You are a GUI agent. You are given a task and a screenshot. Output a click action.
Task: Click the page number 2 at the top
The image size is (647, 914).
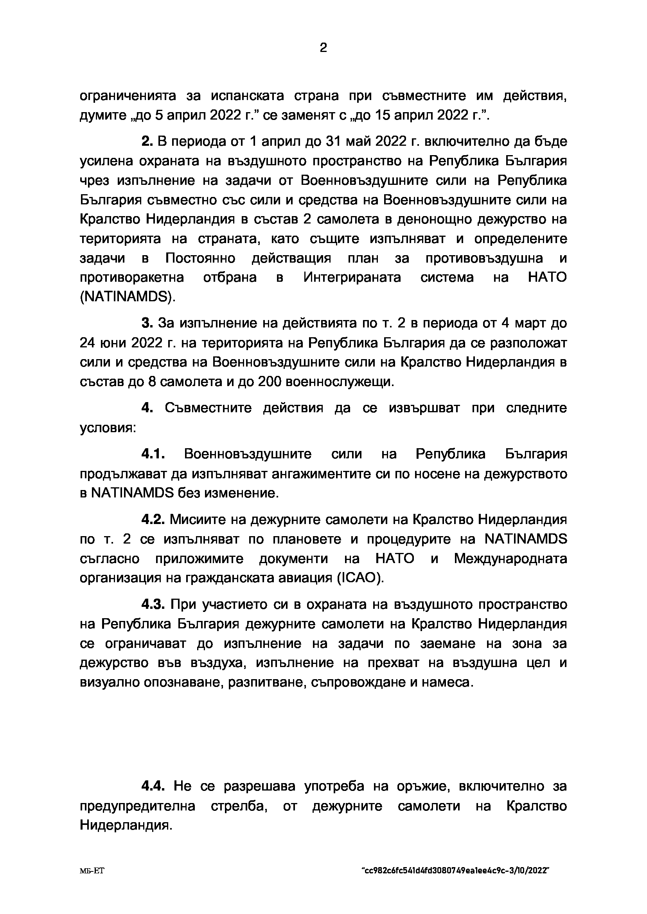323,48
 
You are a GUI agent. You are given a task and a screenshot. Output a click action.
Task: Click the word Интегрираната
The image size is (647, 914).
352,277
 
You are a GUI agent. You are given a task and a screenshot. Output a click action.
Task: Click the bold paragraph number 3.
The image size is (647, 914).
147,323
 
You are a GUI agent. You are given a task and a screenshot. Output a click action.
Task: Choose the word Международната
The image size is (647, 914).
510,558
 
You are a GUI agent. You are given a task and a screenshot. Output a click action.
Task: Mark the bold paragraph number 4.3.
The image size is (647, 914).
153,604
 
